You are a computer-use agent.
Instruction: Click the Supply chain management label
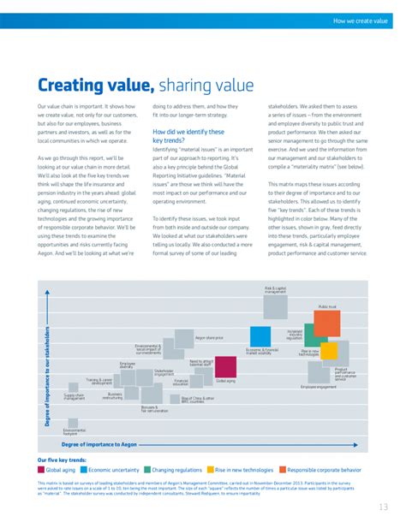[75, 396]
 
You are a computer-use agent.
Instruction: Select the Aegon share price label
[209, 338]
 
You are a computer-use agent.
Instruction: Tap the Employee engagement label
[319, 387]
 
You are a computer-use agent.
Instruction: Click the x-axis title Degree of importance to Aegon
[99, 445]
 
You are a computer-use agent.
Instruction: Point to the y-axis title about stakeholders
[48, 376]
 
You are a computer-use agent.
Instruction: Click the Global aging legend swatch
[41, 470]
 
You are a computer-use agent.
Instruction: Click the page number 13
[382, 507]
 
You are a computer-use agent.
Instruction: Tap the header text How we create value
[361, 19]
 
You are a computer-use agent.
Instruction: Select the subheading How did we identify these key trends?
[188, 136]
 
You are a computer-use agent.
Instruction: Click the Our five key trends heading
[61, 460]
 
